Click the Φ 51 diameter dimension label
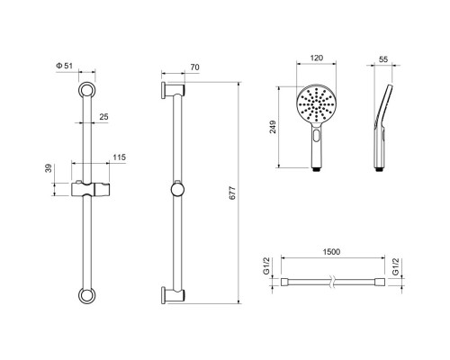coord(64,66)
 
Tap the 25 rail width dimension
coord(103,117)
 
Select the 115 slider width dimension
coord(120,157)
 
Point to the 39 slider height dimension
coord(49,168)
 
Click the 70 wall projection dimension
coord(194,67)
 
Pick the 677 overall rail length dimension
coord(232,193)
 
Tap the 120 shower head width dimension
coord(316,58)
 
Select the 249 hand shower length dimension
coord(273,127)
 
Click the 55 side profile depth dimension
coord(383,59)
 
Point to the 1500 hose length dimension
coord(331,251)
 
